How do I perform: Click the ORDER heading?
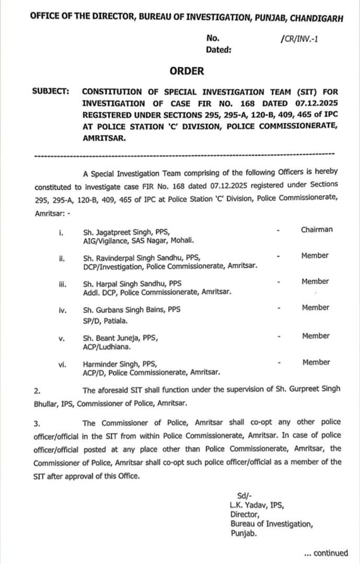coord(187,71)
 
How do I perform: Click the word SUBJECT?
coord(51,90)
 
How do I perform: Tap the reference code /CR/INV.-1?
coord(299,38)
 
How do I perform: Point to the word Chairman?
coord(317,229)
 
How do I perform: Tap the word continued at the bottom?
coord(330,553)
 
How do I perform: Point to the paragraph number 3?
coord(37,424)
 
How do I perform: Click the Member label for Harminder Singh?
coord(316,362)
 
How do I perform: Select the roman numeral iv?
coord(63,310)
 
